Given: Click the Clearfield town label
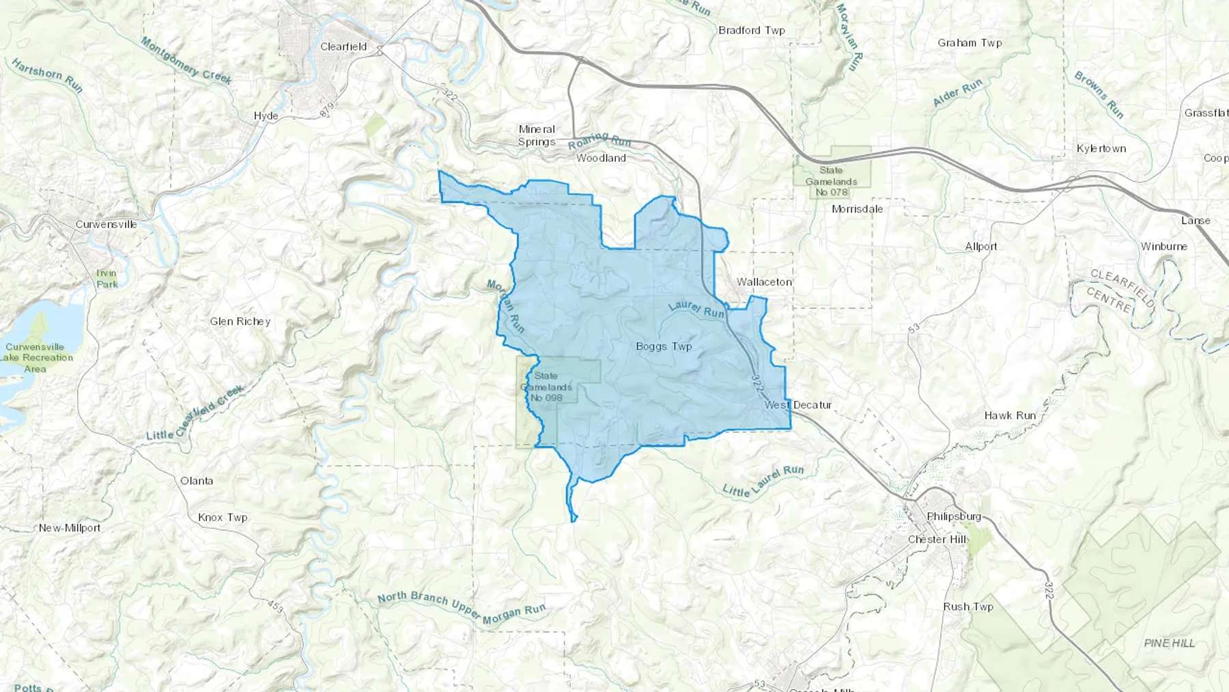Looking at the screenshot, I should click(x=343, y=46).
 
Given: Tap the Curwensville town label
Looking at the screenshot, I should click(x=106, y=224).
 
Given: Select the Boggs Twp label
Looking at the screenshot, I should click(x=664, y=346).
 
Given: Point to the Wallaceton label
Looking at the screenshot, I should click(x=764, y=281).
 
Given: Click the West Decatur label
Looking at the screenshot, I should click(x=798, y=404).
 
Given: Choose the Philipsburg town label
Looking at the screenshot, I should click(x=954, y=516).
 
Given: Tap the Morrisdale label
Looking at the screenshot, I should click(x=857, y=209).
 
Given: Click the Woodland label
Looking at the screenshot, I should click(x=601, y=158).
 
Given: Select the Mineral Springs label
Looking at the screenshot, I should click(x=537, y=135).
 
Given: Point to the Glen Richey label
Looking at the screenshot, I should click(x=240, y=321).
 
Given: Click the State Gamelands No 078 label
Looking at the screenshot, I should click(x=831, y=181).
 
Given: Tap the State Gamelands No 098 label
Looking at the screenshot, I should click(x=546, y=387).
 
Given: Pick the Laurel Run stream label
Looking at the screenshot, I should click(x=696, y=309).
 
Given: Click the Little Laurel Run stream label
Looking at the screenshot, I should click(x=763, y=482).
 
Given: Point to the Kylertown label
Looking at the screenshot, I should click(x=1101, y=148).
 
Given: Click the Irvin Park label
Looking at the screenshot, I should click(x=107, y=279).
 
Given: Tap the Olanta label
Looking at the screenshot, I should click(x=197, y=481).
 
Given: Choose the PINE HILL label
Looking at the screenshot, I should click(x=1170, y=643).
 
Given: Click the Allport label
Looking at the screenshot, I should click(x=981, y=247).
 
